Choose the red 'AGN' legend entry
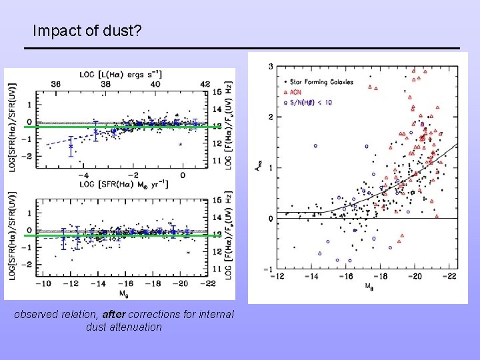coord(296,92)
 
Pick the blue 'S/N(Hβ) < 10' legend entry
coord(313,102)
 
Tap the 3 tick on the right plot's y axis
coord(269,67)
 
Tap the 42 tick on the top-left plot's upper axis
coord(205,84)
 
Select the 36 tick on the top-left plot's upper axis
coord(55,84)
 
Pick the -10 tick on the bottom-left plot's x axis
coord(44,283)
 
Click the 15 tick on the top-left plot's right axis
coord(217,91)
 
